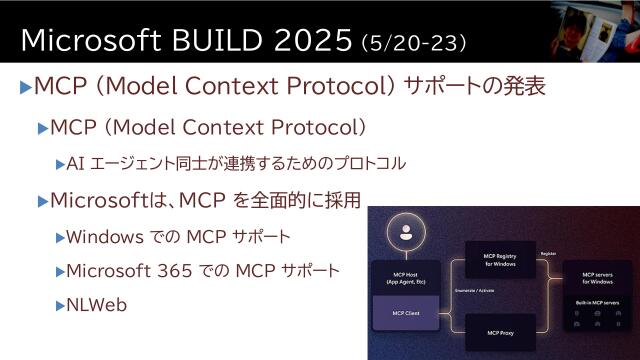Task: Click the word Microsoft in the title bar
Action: (x=92, y=39)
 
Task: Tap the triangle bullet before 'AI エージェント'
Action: (x=60, y=163)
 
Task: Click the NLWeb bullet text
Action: (x=97, y=305)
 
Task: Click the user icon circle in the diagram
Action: (x=405, y=237)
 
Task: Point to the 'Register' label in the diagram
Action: (x=548, y=254)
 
